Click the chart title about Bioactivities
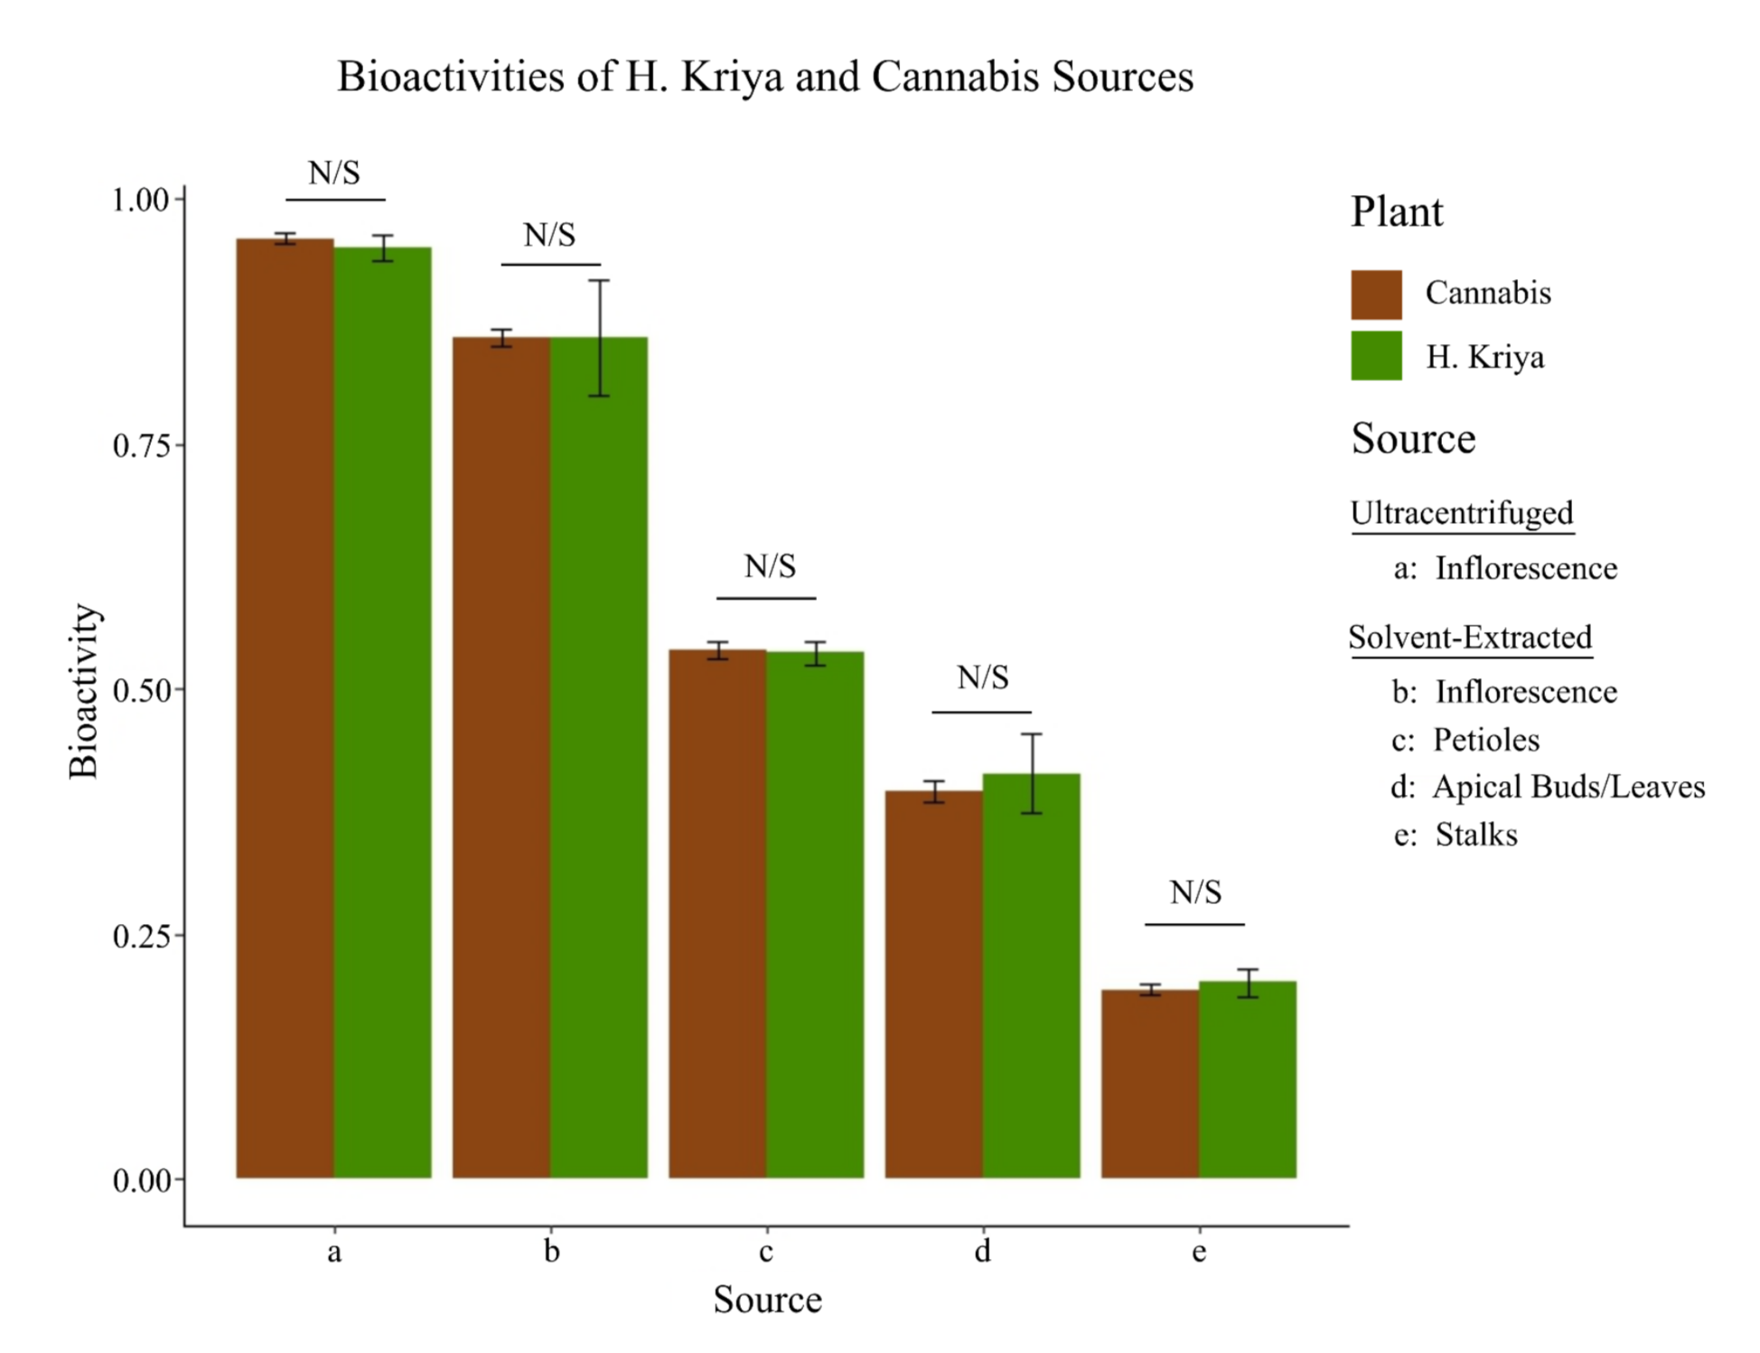pos(764,77)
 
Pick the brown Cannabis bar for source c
pos(717,912)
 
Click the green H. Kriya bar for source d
pos(1031,975)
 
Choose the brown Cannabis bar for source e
pos(1149,1083)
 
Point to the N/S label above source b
pos(549,236)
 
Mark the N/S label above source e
pos(1194,892)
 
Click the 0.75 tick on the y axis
pos(142,445)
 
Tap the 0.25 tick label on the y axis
pos(142,936)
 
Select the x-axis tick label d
pos(982,1251)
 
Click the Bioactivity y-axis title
pos(84,691)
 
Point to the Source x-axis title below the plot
pos(767,1300)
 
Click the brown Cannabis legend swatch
pos(1376,294)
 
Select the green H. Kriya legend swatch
pos(1376,356)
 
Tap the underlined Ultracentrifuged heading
pos(1461,513)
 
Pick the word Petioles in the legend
pos(1485,740)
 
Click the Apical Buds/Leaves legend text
pos(1568,787)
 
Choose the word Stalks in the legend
pos(1475,835)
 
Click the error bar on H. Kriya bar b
pos(599,338)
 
